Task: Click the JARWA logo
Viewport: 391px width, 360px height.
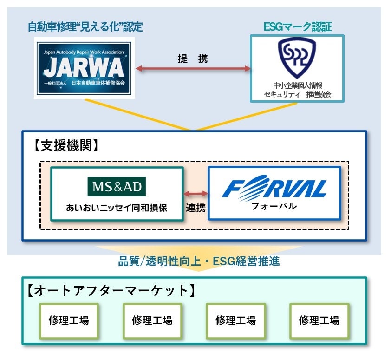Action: coord(85,68)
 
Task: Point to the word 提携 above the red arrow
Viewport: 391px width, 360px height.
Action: coord(193,59)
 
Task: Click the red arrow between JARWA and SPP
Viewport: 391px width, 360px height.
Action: coord(193,69)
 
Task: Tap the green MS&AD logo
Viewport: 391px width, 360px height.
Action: coord(117,187)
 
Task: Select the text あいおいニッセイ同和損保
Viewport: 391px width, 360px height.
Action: coord(117,208)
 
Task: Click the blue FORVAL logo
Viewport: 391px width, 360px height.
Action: coord(274,188)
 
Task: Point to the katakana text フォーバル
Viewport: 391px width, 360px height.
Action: coord(274,206)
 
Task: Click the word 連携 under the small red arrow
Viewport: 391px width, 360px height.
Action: coord(195,207)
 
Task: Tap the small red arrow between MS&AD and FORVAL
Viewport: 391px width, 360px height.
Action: coord(195,193)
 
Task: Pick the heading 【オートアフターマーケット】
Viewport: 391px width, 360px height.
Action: coord(109,290)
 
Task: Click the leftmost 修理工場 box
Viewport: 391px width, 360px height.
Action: coord(69,321)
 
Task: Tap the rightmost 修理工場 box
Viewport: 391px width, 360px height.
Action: coord(319,321)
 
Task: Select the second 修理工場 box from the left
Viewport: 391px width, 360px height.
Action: coord(152,321)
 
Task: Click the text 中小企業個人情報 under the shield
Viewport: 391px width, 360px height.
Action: coord(297,85)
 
